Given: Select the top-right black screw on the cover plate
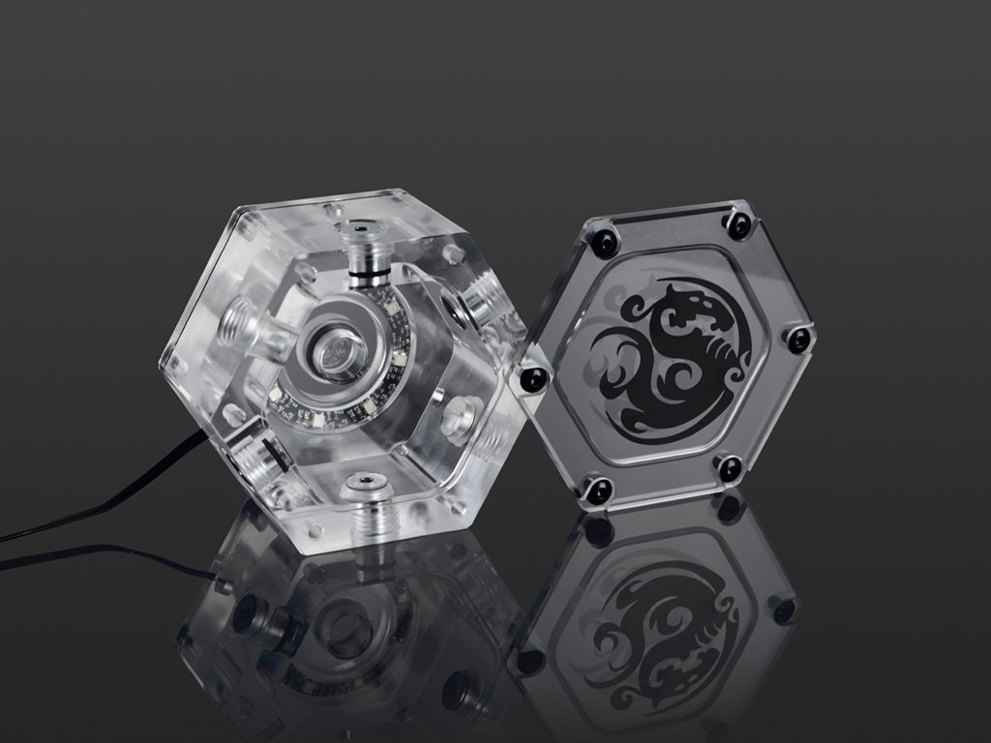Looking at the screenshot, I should point(738,225).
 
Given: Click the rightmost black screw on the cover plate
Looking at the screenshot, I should point(798,340).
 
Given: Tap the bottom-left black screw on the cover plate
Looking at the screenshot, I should point(597,490).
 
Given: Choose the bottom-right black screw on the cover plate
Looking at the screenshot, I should point(729,469).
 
